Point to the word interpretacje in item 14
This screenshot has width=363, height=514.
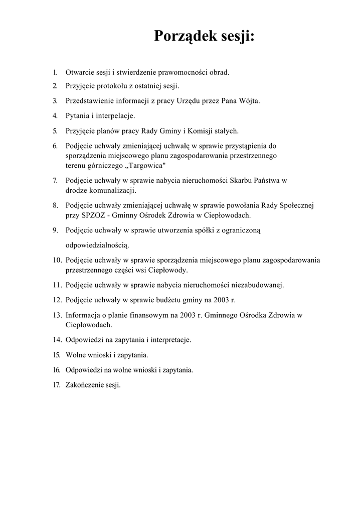click(169, 340)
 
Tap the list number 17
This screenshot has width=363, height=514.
click(57, 385)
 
